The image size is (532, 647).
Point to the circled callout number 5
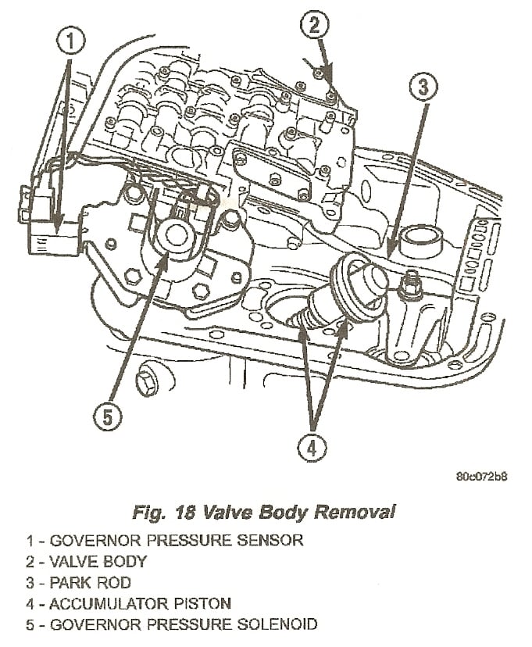click(107, 415)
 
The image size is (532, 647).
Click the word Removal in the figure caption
click(355, 513)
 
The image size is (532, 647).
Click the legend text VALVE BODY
click(98, 561)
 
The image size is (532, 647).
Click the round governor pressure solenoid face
click(173, 234)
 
